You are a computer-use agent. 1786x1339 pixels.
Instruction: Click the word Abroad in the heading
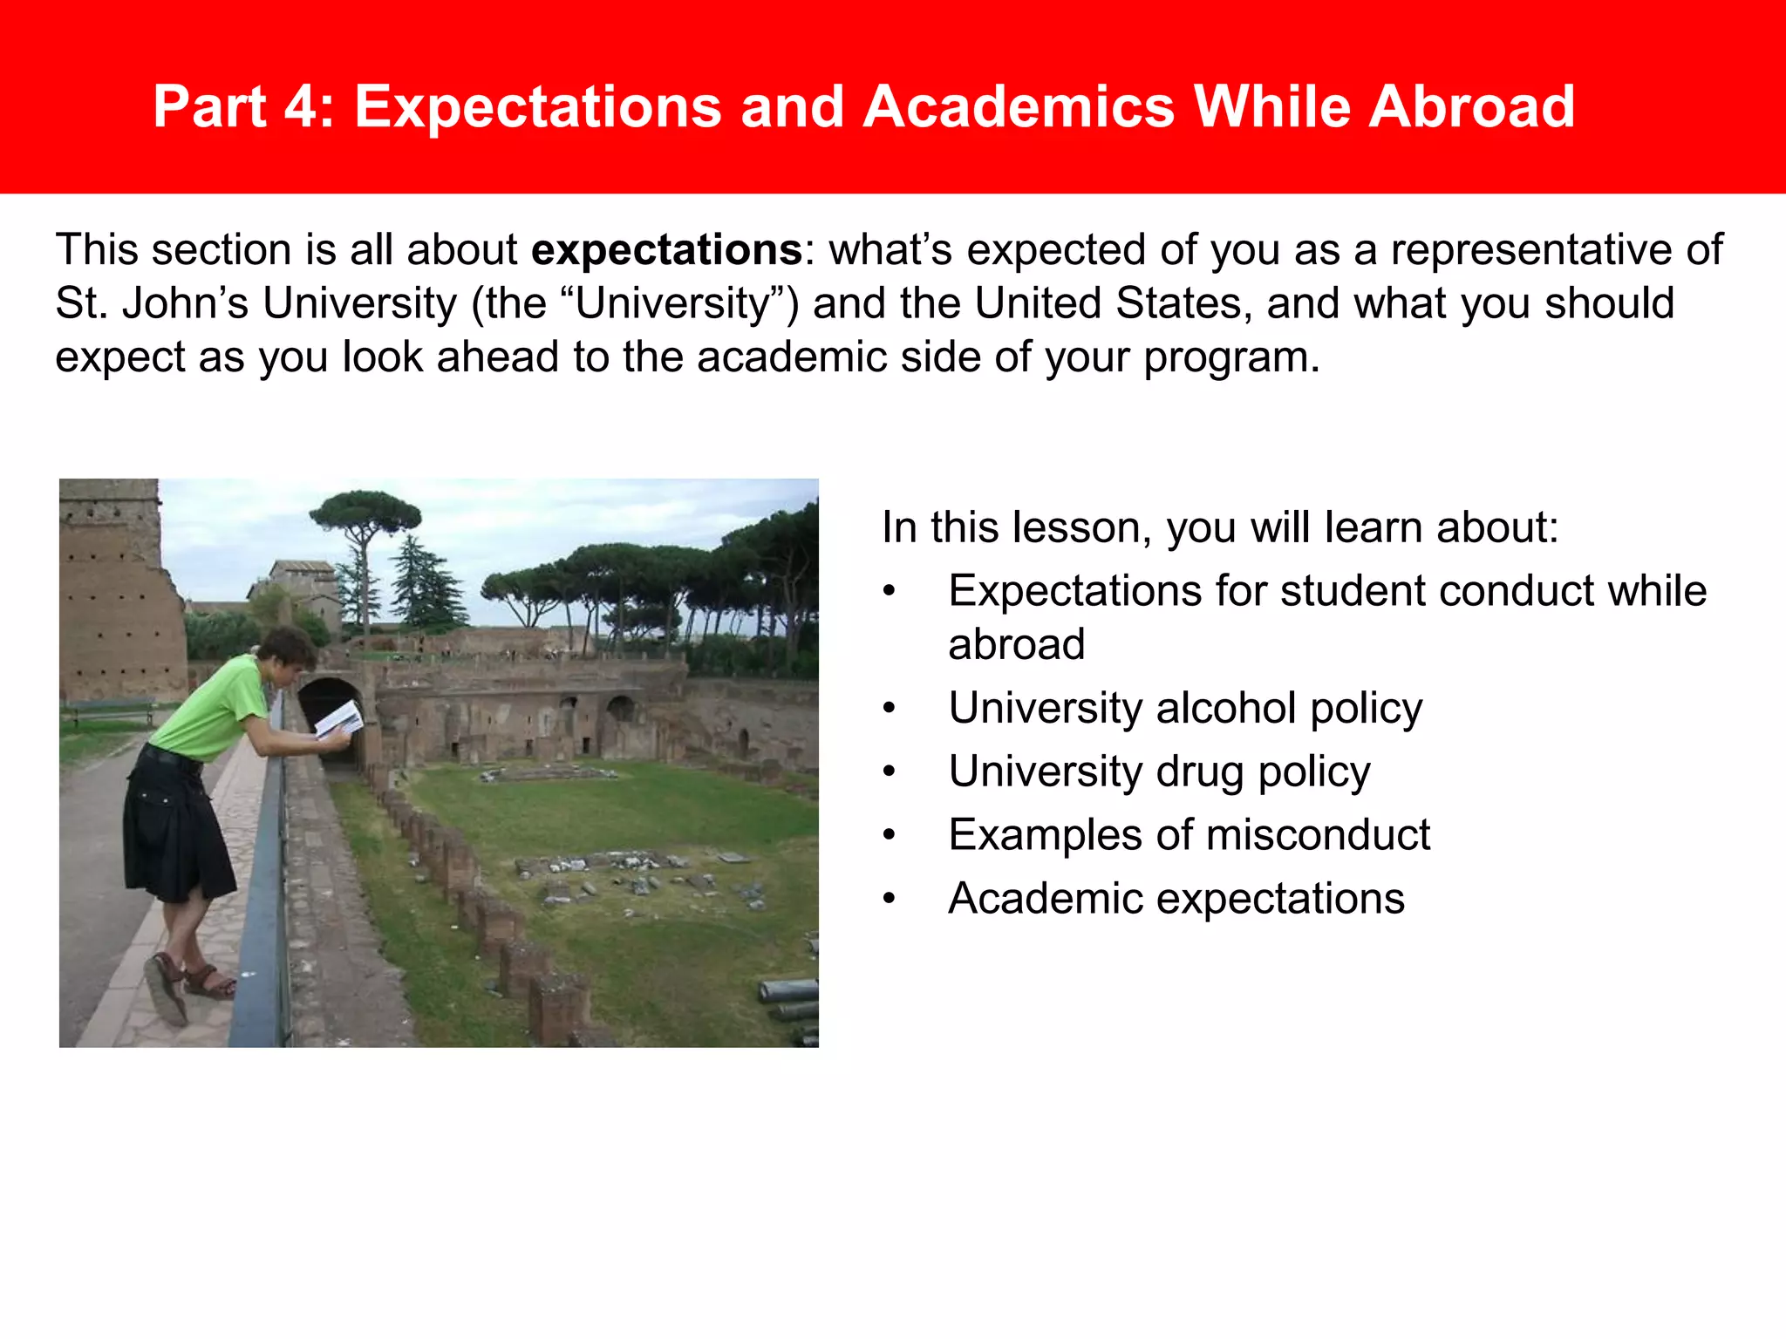[1471, 107]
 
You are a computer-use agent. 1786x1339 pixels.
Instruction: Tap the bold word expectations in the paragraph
[666, 250]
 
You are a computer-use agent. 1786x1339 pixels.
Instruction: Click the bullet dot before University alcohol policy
[889, 708]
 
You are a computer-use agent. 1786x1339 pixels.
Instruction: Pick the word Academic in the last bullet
[1045, 899]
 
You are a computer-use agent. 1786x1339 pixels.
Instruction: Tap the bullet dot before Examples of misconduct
[889, 835]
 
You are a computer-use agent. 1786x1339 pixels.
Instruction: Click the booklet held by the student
[339, 719]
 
